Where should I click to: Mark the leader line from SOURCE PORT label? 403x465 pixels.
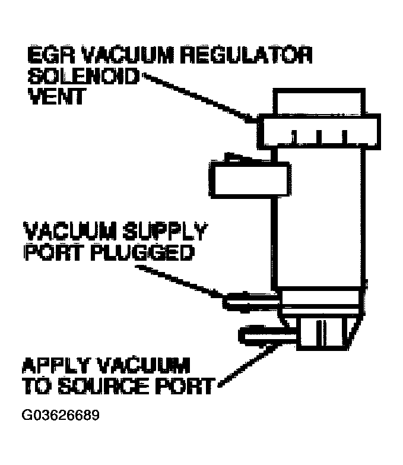(240, 368)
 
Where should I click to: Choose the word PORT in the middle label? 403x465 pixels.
(49, 252)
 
